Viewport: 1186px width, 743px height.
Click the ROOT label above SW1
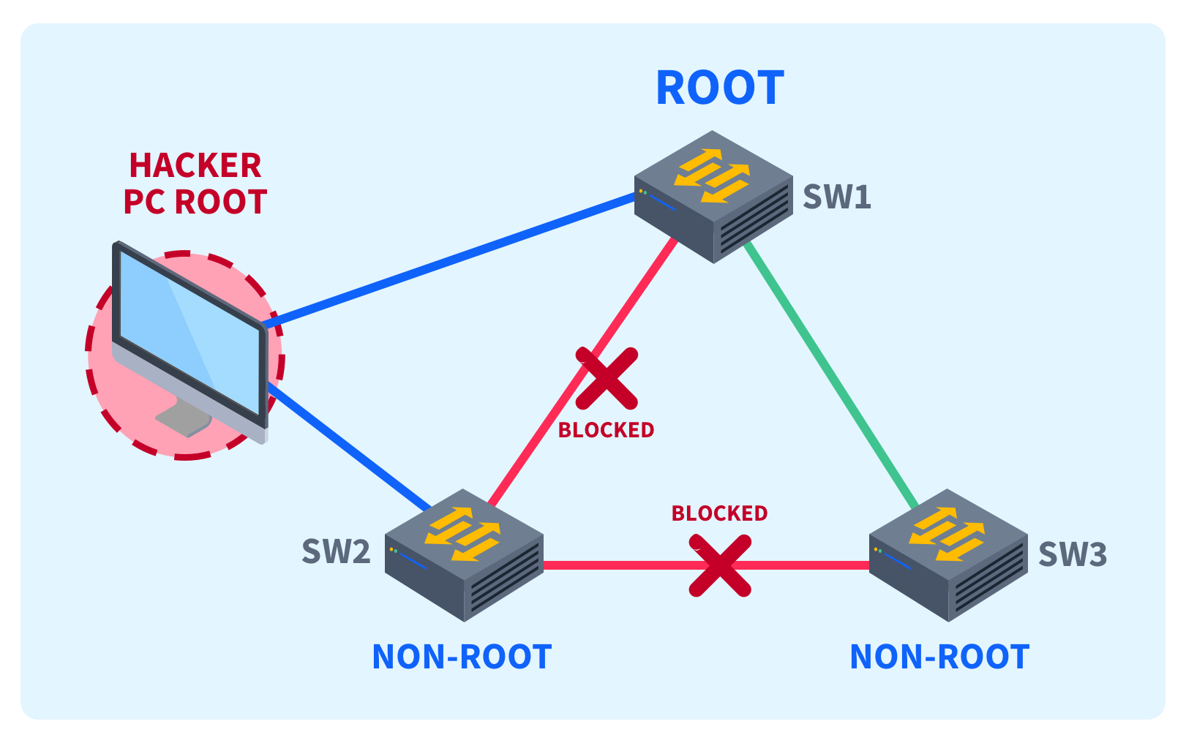[720, 88]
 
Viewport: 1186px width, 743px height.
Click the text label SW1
[837, 197]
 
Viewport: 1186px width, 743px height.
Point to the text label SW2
[336, 552]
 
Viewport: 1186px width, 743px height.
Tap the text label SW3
[1073, 554]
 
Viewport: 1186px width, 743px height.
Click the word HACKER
[195, 166]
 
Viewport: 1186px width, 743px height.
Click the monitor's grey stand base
[183, 420]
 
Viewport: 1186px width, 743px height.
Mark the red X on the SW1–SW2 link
[607, 378]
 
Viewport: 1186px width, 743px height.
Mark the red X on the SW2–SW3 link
[721, 565]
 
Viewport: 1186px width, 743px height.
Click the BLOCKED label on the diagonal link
[606, 430]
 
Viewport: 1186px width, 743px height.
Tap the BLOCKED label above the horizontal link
[719, 513]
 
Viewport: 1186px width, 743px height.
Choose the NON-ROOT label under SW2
[462, 657]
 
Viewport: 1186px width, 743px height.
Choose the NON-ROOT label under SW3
[939, 657]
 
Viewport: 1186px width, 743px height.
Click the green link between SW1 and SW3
[830, 374]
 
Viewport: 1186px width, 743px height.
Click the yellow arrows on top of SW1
[713, 176]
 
